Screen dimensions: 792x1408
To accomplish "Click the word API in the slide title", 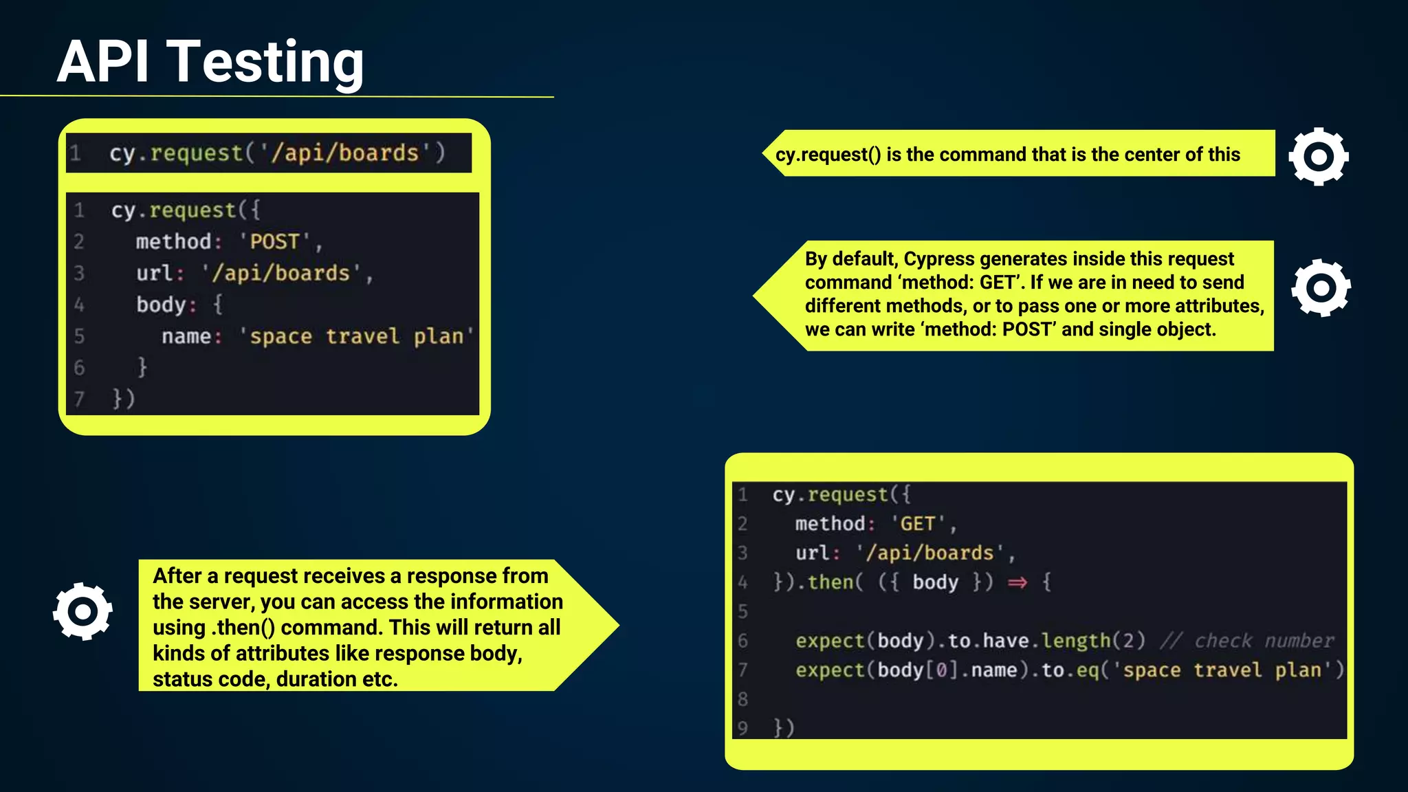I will (x=103, y=62).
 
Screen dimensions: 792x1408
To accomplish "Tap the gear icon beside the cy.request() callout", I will (x=1318, y=157).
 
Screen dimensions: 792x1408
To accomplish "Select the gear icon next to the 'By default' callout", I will (x=1321, y=288).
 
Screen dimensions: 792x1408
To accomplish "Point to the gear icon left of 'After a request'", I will (x=82, y=611).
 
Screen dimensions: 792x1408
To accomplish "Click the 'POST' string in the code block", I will (x=274, y=242).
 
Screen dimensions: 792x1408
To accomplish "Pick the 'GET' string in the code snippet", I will (x=918, y=524).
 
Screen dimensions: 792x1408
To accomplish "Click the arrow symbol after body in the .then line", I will (x=1017, y=583).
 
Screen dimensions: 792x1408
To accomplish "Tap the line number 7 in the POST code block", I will (x=79, y=399).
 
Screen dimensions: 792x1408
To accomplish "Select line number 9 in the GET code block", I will (x=742, y=727).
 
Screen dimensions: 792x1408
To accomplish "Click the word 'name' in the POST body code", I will (x=186, y=336).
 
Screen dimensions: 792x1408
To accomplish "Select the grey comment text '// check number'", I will (x=1246, y=641).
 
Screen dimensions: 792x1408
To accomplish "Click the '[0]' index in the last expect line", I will (x=941, y=670).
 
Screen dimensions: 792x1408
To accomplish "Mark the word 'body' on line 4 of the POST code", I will (x=161, y=305).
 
